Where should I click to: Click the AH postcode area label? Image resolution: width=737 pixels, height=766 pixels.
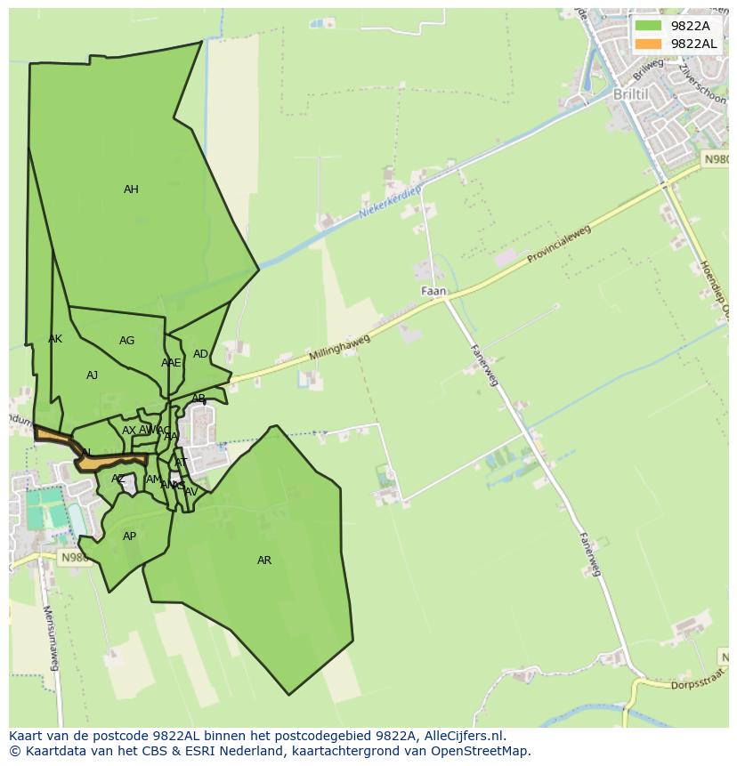pyautogui.click(x=131, y=189)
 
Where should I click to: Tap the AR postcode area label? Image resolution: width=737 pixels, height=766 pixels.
pyautogui.click(x=264, y=560)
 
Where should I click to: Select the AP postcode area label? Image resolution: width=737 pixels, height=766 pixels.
pyautogui.click(x=130, y=536)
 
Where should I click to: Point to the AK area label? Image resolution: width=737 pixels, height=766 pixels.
pyautogui.click(x=55, y=339)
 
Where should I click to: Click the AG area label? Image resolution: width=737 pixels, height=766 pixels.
pyautogui.click(x=127, y=341)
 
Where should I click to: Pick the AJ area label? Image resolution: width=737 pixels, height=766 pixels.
pyautogui.click(x=92, y=375)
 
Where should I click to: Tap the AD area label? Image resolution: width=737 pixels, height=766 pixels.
pyautogui.click(x=200, y=354)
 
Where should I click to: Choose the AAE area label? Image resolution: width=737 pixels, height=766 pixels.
pyautogui.click(x=171, y=363)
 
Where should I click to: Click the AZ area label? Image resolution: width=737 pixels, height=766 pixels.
pyautogui.click(x=118, y=479)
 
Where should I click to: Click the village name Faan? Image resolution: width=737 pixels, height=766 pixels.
pyautogui.click(x=433, y=291)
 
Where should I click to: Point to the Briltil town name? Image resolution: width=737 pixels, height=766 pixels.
pyautogui.click(x=631, y=94)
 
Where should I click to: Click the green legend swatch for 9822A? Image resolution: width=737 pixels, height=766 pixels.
pyautogui.click(x=649, y=26)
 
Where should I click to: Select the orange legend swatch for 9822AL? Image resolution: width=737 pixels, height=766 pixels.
pyautogui.click(x=649, y=44)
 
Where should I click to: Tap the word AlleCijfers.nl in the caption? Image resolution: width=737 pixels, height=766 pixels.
pyautogui.click(x=462, y=736)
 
